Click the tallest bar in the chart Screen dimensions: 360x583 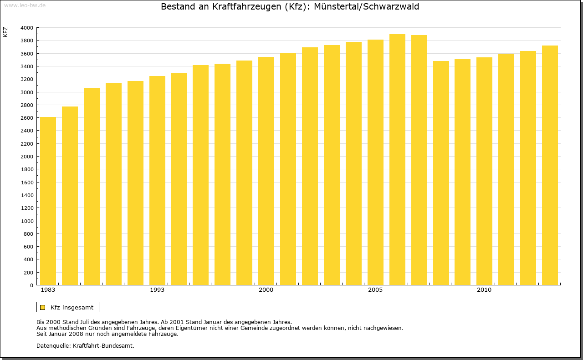(397, 160)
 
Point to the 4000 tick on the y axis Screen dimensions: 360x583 (27, 28)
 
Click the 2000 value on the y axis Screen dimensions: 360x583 (27, 157)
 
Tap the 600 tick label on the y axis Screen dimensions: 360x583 (28, 247)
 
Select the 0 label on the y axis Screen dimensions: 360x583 (31, 285)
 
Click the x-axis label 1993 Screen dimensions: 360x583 (157, 290)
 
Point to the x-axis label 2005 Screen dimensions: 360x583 (375, 290)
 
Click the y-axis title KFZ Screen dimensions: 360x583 (5, 32)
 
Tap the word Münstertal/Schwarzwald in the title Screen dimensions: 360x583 (366, 7)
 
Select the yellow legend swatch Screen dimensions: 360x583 (42, 308)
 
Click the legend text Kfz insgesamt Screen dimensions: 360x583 (72, 308)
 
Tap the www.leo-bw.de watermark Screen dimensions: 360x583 (25, 5)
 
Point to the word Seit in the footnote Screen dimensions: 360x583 (42, 334)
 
